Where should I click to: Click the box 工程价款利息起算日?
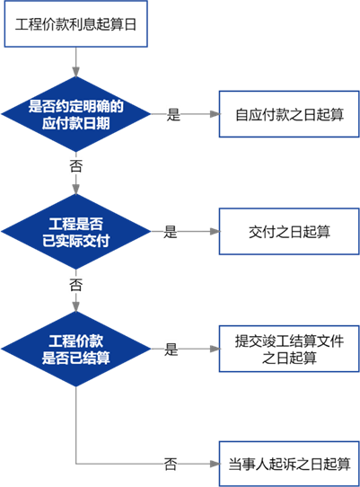pyautogui.click(x=75, y=24)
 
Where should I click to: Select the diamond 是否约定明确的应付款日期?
pyautogui.click(x=76, y=114)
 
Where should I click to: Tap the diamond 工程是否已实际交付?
pyautogui.click(x=76, y=232)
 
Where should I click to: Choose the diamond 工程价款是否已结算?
pyautogui.click(x=76, y=349)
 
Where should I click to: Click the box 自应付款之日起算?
pyautogui.click(x=289, y=114)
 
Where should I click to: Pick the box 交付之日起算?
pyautogui.click(x=289, y=232)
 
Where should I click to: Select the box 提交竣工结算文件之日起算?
pyautogui.click(x=289, y=349)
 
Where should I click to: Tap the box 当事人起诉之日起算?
pyautogui.click(x=289, y=464)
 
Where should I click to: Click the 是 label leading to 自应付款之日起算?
pyautogui.click(x=173, y=114)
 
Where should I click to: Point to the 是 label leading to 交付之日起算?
pyautogui.click(x=171, y=232)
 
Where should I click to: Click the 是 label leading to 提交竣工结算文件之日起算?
pyautogui.click(x=171, y=350)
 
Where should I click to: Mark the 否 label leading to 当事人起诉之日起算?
pyautogui.click(x=171, y=464)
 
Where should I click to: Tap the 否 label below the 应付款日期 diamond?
pyautogui.click(x=76, y=165)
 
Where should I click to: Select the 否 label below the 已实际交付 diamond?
pyautogui.click(x=76, y=285)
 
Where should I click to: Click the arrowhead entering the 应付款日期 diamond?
pyautogui.click(x=76, y=72)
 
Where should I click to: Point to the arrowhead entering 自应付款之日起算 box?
pyautogui.click(x=215, y=114)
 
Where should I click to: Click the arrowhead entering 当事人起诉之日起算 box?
pyautogui.click(x=215, y=464)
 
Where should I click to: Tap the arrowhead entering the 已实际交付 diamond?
pyautogui.click(x=76, y=190)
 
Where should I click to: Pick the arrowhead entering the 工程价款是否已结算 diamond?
pyautogui.click(x=76, y=306)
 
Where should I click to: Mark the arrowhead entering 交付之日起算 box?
pyautogui.click(x=215, y=232)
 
